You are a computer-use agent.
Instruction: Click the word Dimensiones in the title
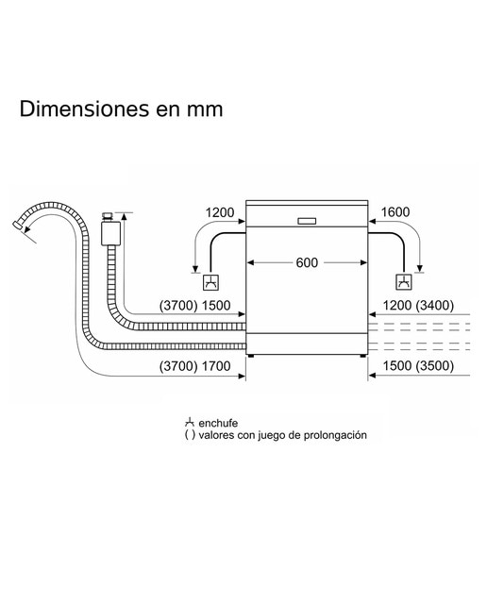(84, 109)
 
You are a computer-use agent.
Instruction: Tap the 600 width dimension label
(307, 262)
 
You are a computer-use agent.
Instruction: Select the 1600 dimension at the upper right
(395, 211)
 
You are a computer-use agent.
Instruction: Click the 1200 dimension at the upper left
(220, 212)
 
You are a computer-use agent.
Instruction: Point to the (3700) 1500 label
(195, 306)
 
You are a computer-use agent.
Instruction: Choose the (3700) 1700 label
(195, 365)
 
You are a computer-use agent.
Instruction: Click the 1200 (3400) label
(418, 306)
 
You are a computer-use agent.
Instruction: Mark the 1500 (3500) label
(418, 365)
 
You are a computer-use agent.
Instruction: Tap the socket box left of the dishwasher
(211, 282)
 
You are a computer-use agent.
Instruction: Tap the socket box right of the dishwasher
(404, 282)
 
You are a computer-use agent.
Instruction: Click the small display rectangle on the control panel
(307, 221)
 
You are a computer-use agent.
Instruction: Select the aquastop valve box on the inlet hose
(110, 233)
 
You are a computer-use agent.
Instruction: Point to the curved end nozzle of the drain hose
(17, 226)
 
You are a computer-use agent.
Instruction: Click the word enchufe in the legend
(218, 423)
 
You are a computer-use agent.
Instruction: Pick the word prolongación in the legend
(335, 435)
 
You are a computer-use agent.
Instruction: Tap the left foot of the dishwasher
(251, 356)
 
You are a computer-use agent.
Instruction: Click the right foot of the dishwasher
(363, 356)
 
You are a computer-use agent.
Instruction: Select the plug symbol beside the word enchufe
(189, 422)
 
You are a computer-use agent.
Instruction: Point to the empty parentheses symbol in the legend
(190, 435)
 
